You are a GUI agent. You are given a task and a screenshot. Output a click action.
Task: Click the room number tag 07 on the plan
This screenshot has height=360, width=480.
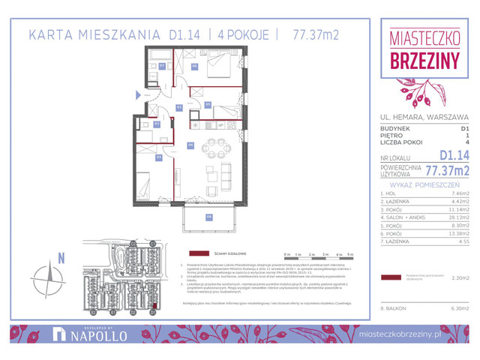[162, 66]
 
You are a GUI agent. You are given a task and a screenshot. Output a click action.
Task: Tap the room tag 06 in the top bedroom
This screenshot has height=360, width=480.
[194, 66]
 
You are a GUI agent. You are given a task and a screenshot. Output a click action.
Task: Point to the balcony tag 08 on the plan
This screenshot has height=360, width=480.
[209, 217]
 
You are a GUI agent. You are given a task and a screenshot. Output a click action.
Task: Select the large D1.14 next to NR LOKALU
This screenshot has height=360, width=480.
[453, 154]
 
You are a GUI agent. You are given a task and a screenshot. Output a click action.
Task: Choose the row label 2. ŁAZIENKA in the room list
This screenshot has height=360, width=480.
[397, 202]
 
